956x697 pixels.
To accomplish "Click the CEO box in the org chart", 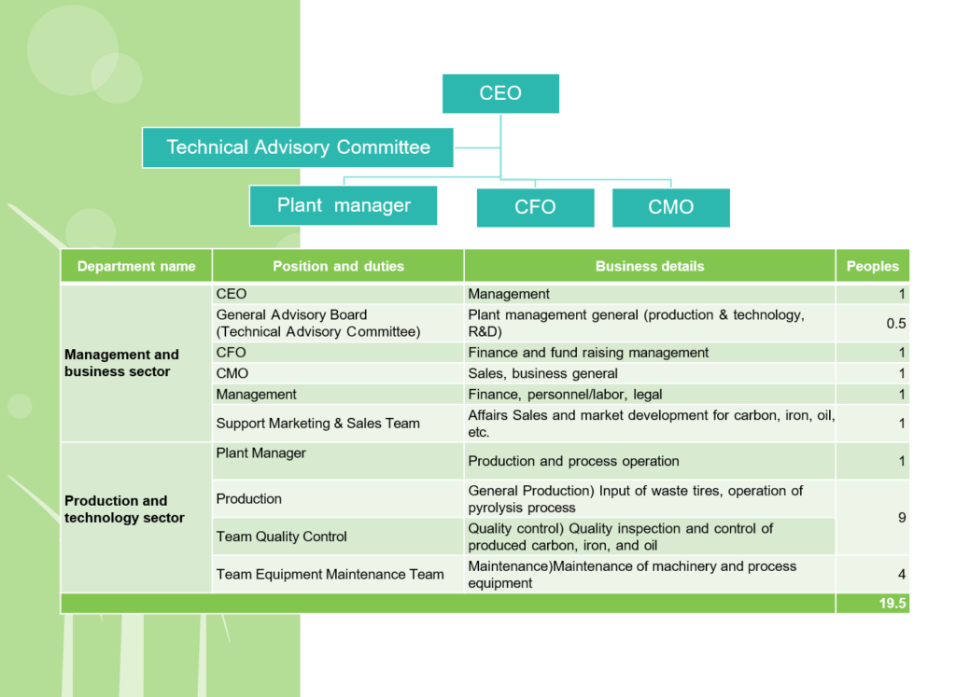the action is [x=500, y=93].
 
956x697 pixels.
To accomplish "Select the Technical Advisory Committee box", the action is [x=298, y=147].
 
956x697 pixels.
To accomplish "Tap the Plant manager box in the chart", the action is [x=344, y=205].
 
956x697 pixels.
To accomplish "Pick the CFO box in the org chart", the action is [x=535, y=207].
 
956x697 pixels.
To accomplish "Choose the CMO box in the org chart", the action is [x=670, y=207].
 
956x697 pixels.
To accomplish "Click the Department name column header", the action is [x=136, y=266].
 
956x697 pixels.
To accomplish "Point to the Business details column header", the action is [x=650, y=266].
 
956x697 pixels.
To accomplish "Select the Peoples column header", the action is [x=873, y=266].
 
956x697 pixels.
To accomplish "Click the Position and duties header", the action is [x=338, y=266].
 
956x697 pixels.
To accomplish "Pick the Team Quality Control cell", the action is [x=338, y=537].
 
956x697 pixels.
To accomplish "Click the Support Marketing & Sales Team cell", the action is [x=338, y=424].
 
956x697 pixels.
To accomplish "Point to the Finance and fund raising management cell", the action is [x=650, y=353].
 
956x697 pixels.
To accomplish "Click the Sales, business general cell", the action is [x=650, y=373].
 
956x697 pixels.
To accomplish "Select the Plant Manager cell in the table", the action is [x=338, y=461].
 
